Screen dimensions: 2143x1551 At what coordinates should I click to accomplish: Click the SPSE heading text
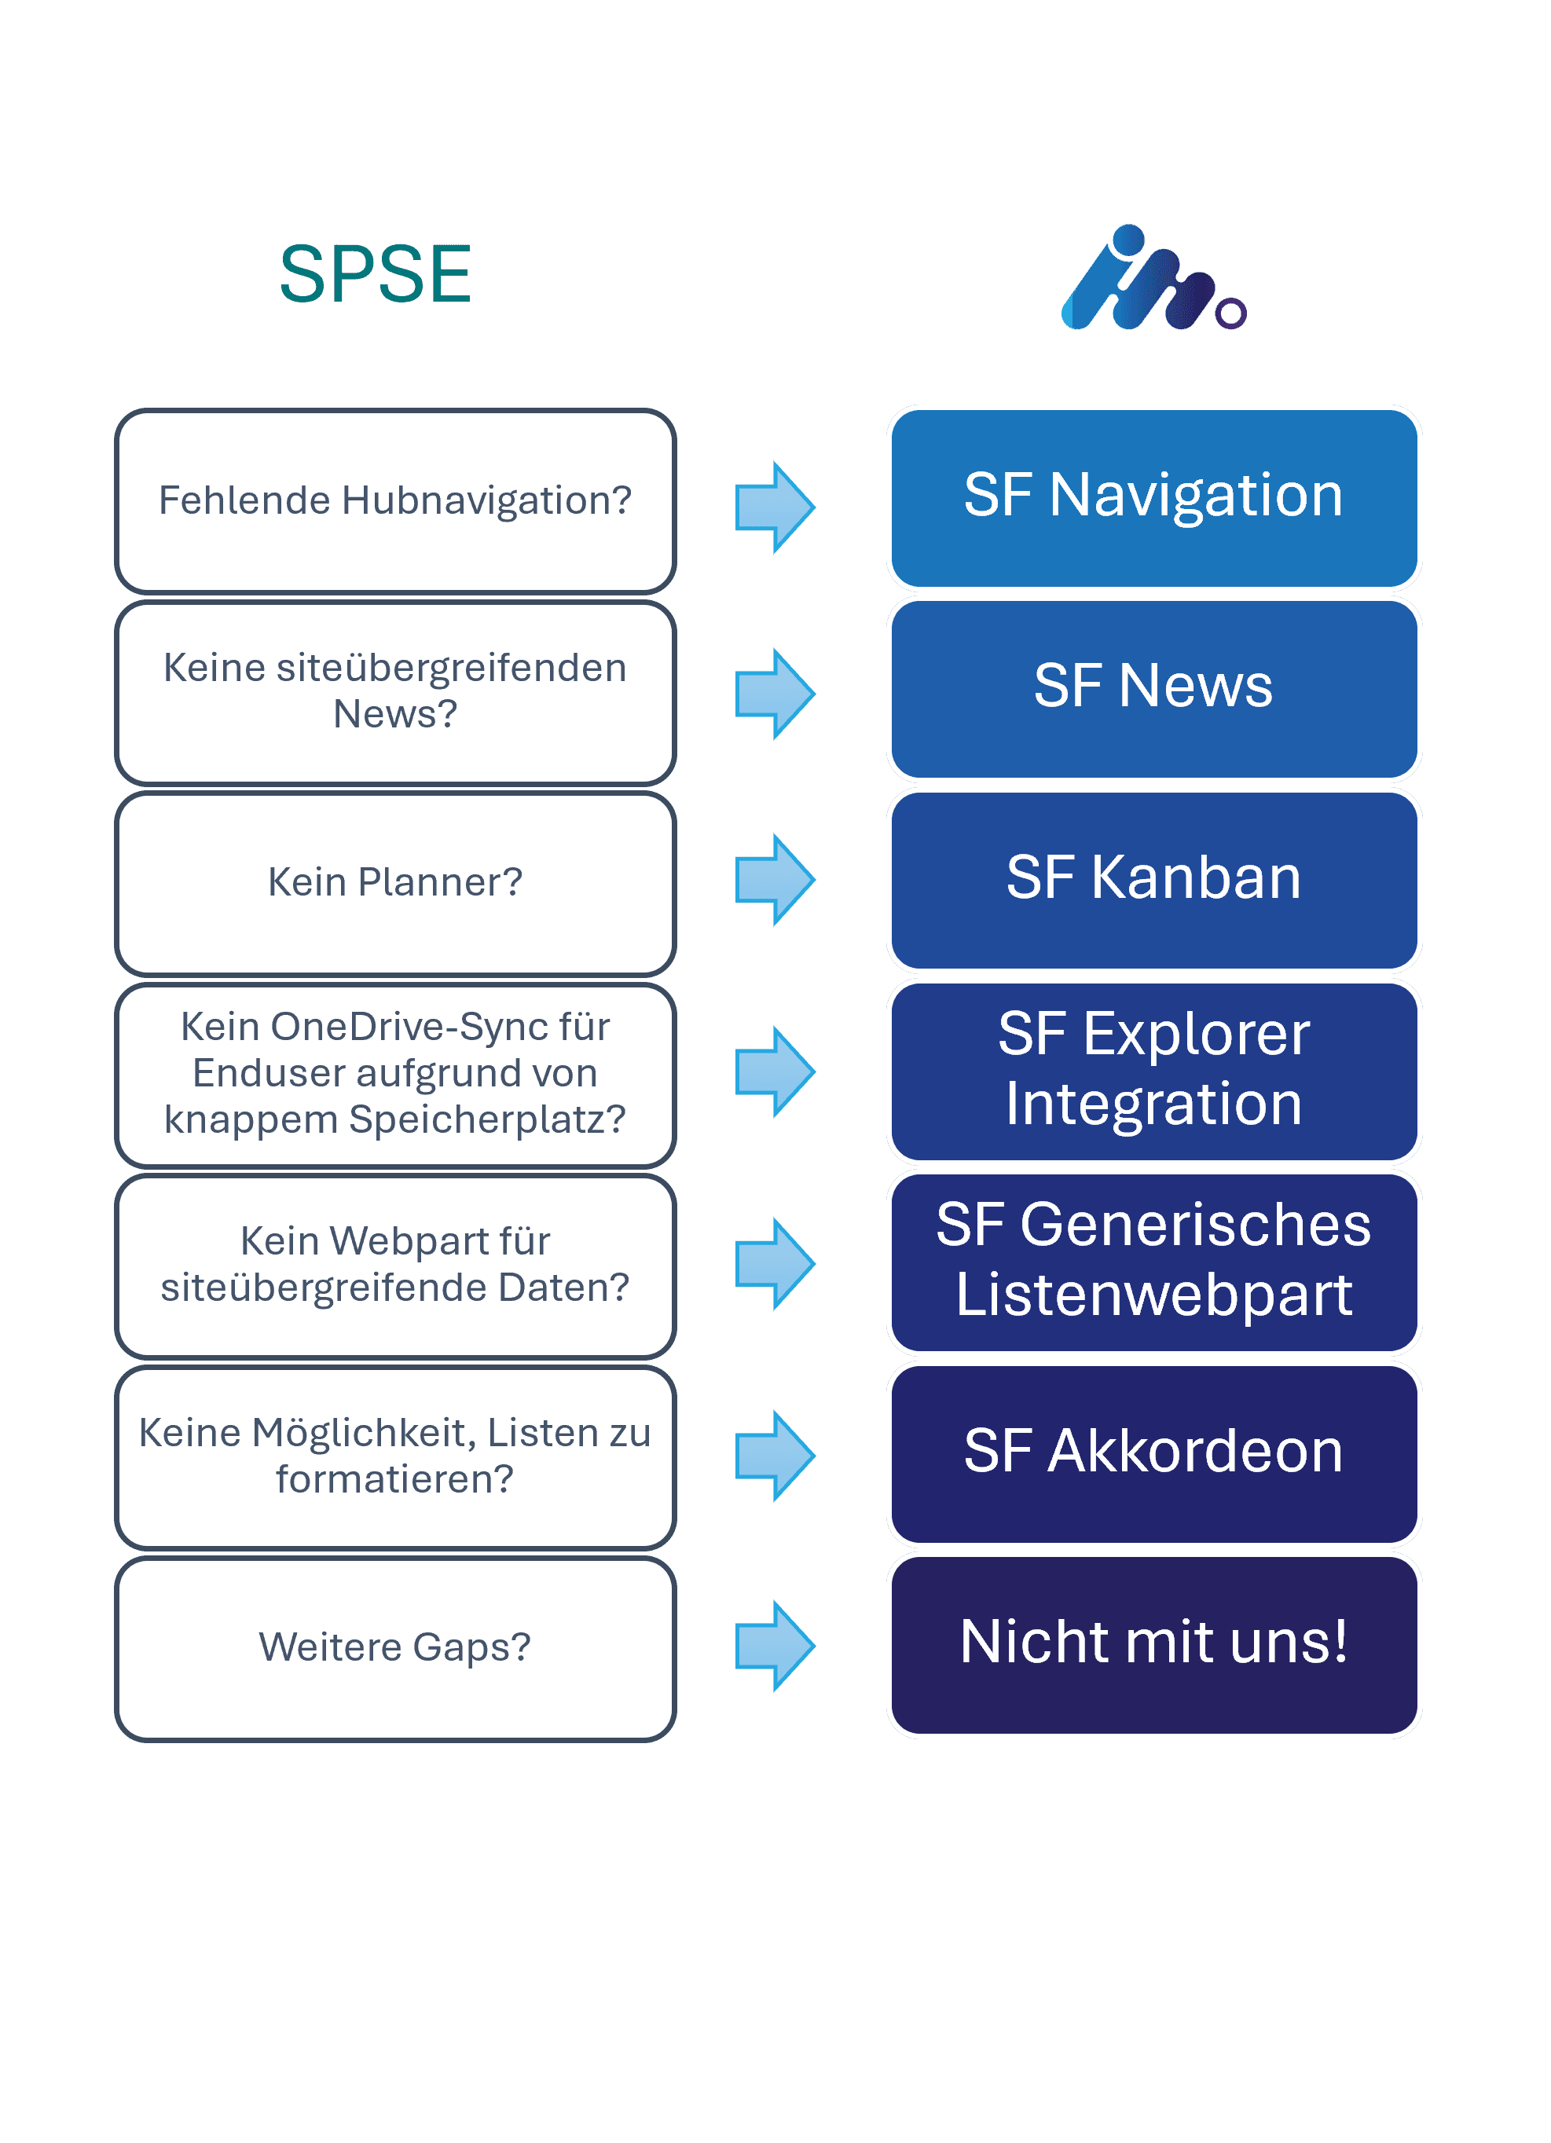pos(376,275)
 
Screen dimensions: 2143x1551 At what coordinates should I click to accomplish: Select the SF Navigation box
pos(1153,498)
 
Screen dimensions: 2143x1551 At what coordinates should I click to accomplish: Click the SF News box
pos(1153,688)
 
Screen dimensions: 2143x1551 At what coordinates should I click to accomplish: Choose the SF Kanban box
pos(1153,880)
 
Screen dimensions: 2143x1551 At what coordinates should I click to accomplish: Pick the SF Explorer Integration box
pos(1153,1071)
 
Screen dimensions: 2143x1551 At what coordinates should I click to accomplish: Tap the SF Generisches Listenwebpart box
pos(1153,1262)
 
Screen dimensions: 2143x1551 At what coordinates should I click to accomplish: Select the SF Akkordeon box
pos(1153,1453)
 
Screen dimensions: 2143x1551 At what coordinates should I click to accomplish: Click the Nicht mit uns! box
pos(1153,1644)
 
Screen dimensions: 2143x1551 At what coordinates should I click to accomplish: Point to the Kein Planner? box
pos(395,882)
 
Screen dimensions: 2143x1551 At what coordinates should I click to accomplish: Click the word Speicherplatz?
pos(488,1119)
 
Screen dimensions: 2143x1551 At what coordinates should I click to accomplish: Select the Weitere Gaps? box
pos(395,1648)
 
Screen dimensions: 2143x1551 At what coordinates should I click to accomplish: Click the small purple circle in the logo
pos(1230,313)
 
